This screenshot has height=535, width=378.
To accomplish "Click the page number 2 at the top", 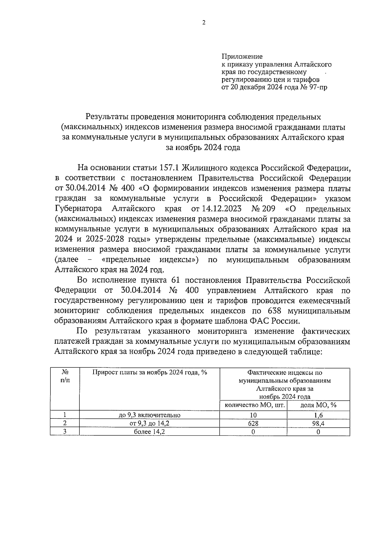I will pyautogui.click(x=204, y=22).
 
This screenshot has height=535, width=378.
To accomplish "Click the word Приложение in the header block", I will pyautogui.click(x=242, y=57).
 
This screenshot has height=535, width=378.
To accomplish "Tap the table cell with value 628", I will pyautogui.click(x=253, y=423).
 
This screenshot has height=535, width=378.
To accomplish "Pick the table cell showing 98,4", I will pyautogui.click(x=318, y=423).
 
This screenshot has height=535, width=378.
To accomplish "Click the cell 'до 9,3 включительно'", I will pyautogui.click(x=149, y=415).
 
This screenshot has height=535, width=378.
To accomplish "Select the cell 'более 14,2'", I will pyautogui.click(x=149, y=432).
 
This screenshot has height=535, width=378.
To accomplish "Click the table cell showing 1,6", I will pyautogui.click(x=318, y=415).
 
